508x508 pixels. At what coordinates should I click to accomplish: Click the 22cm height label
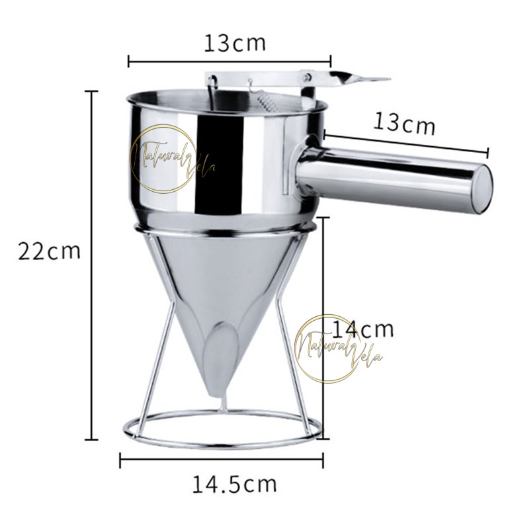coord(49,251)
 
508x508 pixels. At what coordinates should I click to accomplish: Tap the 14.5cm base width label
coord(235,484)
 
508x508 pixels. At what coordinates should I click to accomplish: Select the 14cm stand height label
coord(363,329)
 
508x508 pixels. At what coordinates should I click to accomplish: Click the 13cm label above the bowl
coord(235,43)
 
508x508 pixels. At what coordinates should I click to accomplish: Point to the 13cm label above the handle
coord(404,123)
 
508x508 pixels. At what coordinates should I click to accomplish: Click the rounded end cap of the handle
coord(484,189)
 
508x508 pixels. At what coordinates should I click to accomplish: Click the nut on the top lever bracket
coord(307,77)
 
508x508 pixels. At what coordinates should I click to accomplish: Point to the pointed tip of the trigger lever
coord(389,79)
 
